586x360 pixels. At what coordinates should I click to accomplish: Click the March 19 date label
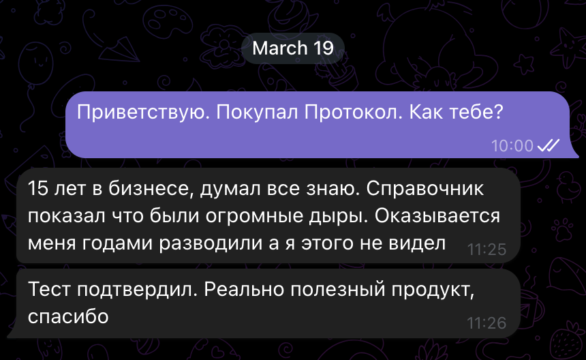coord(293,48)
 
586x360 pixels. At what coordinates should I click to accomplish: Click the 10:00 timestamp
coord(512,146)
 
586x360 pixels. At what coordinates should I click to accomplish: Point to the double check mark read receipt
coord(549,145)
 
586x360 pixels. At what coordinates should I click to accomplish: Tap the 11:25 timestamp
coord(487,250)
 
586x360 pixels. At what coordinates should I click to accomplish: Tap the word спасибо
coord(69,317)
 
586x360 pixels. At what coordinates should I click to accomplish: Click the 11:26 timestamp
coord(487,323)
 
